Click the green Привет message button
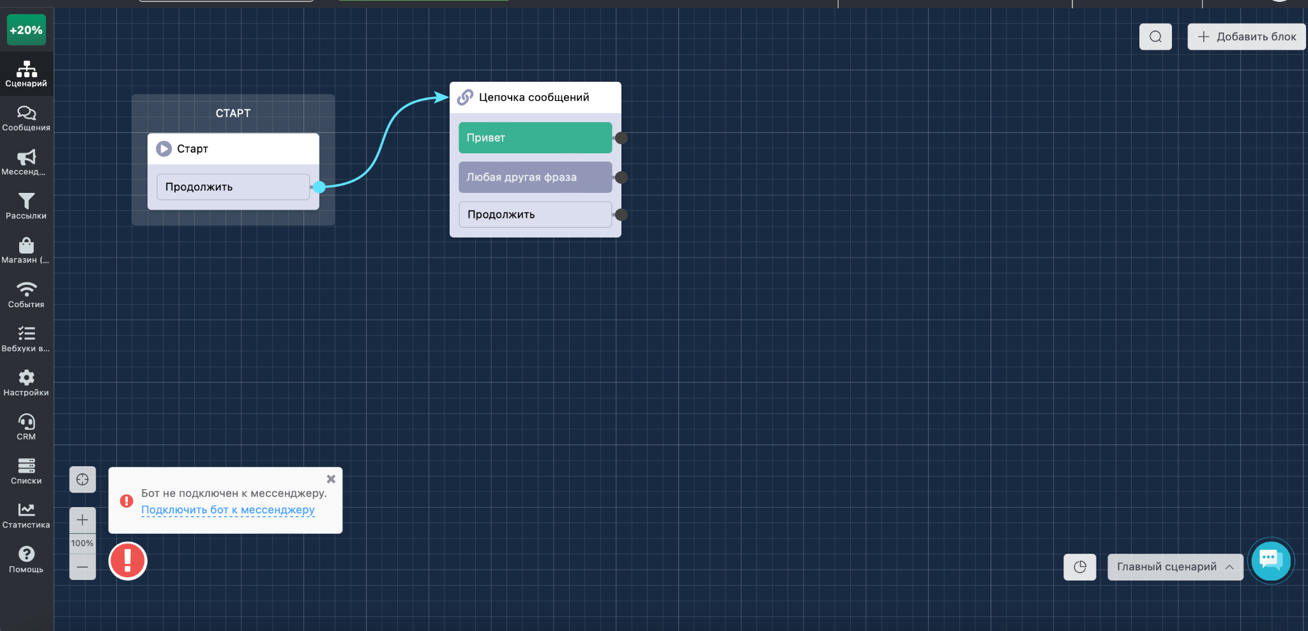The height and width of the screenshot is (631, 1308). pyautogui.click(x=535, y=138)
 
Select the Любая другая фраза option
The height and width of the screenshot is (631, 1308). pyautogui.click(x=535, y=177)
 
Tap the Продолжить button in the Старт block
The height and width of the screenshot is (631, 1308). pyautogui.click(x=233, y=187)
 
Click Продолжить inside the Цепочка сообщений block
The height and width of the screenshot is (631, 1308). pyautogui.click(x=535, y=215)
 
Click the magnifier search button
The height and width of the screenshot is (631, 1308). pyautogui.click(x=1155, y=36)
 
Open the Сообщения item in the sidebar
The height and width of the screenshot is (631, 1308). pyautogui.click(x=26, y=118)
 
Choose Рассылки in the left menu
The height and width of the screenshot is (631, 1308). pyautogui.click(x=26, y=206)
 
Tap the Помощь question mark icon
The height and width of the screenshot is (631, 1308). pyautogui.click(x=26, y=554)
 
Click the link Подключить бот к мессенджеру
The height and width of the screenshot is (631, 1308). pyautogui.click(x=228, y=510)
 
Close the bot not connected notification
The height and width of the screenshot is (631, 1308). pyautogui.click(x=331, y=479)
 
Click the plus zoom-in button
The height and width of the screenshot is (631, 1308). pyautogui.click(x=82, y=520)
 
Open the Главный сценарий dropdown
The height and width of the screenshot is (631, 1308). pyautogui.click(x=1175, y=567)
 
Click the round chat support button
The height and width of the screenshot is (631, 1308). pyautogui.click(x=1271, y=561)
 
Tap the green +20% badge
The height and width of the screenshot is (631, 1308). pyautogui.click(x=26, y=30)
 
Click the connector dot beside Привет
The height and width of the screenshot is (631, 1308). pyautogui.click(x=621, y=138)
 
